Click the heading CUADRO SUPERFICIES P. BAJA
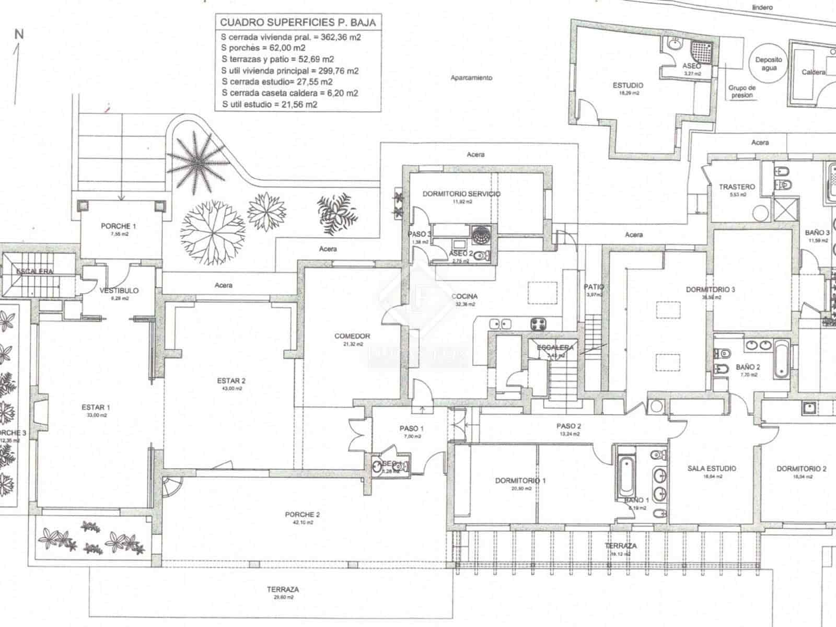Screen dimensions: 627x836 [297, 22]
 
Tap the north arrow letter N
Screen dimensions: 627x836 [19, 35]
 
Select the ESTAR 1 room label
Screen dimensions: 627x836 [96, 407]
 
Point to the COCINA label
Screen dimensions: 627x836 [465, 296]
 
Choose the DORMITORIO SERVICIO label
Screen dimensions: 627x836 [461, 194]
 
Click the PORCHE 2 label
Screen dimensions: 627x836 [302, 515]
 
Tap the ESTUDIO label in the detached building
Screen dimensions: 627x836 [628, 85]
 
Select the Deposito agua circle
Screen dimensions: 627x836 [769, 64]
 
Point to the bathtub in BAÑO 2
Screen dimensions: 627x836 [781, 358]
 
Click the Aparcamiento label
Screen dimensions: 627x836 [471, 78]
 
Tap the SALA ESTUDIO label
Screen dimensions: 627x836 [712, 469]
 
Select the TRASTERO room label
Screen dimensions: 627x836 [737, 187]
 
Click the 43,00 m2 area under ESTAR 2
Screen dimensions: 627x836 [231, 388]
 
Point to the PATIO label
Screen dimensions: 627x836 [594, 287]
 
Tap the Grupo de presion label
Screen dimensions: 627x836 [742, 91]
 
